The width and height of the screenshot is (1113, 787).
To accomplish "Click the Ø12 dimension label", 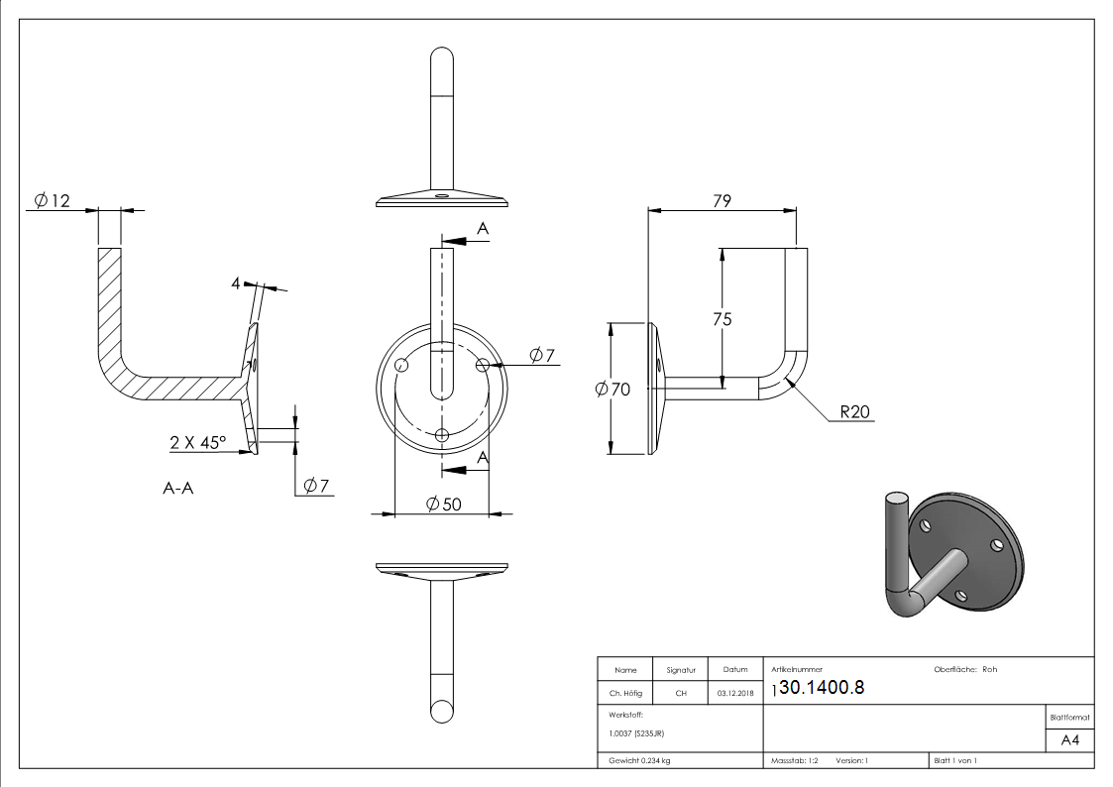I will pyautogui.click(x=52, y=201).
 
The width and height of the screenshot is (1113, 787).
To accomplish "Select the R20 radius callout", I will pyautogui.click(x=854, y=412).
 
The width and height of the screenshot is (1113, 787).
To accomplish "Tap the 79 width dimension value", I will pyautogui.click(x=722, y=200).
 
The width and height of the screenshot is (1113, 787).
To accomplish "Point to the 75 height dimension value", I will pyautogui.click(x=723, y=318).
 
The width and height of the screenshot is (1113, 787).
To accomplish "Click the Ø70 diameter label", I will pyautogui.click(x=612, y=390).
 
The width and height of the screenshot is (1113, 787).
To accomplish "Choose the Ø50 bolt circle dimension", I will pyautogui.click(x=443, y=505).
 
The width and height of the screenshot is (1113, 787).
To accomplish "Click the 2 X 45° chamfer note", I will pyautogui.click(x=197, y=443).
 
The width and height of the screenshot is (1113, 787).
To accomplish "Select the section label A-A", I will pyautogui.click(x=177, y=488).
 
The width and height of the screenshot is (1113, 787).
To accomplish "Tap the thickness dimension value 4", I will pyautogui.click(x=236, y=283).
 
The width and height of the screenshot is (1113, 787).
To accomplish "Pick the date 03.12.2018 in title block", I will pyautogui.click(x=734, y=693).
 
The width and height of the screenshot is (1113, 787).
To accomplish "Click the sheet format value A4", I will pyautogui.click(x=1070, y=740).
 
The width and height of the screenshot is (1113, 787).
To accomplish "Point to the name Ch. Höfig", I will pyautogui.click(x=624, y=693).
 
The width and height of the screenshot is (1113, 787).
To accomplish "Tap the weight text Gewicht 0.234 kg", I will pyautogui.click(x=639, y=760).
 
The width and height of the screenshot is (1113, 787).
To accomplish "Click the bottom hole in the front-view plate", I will pyautogui.click(x=442, y=434).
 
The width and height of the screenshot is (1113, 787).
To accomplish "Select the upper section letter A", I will pyautogui.click(x=483, y=229).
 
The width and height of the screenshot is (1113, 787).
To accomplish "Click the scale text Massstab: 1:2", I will pyautogui.click(x=794, y=760).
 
